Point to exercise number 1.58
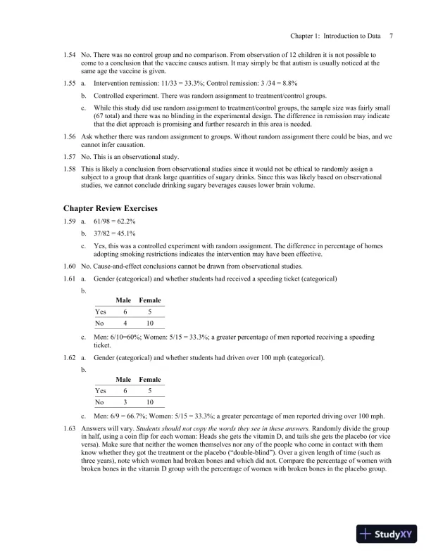69,169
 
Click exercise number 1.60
69,266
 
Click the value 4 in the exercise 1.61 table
125,324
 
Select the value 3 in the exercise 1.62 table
125,402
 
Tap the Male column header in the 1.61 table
124,300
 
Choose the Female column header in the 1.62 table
150,380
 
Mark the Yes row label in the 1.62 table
100,391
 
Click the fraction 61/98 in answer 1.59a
104,222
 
